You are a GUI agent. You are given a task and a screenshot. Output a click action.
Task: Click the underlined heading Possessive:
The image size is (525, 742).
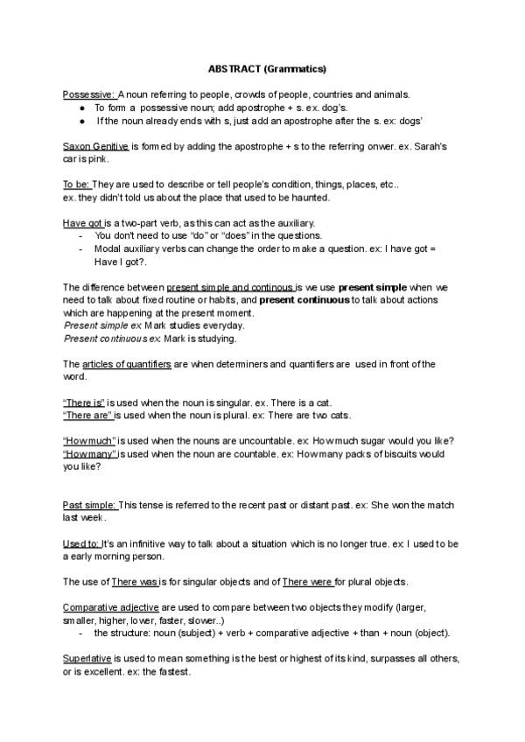coord(89,94)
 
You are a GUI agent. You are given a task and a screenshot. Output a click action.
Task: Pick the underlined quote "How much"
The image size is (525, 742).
coord(89,441)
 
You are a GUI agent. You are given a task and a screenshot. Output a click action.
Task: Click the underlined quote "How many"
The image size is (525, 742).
coord(90,454)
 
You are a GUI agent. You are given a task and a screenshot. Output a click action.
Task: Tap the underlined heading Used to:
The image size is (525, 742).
coord(81,543)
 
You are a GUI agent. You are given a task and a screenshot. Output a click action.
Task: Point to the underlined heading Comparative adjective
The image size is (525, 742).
coord(112,607)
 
